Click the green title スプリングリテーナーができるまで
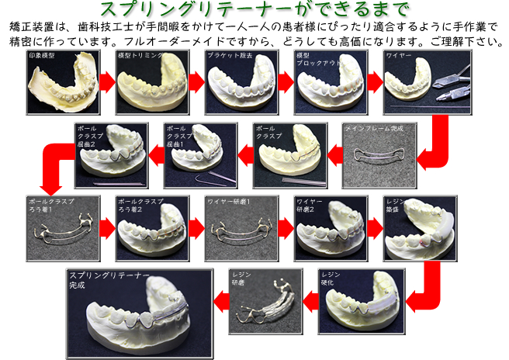pos(254,10)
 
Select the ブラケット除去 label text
pos(232,56)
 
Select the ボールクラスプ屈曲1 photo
pos(201,156)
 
